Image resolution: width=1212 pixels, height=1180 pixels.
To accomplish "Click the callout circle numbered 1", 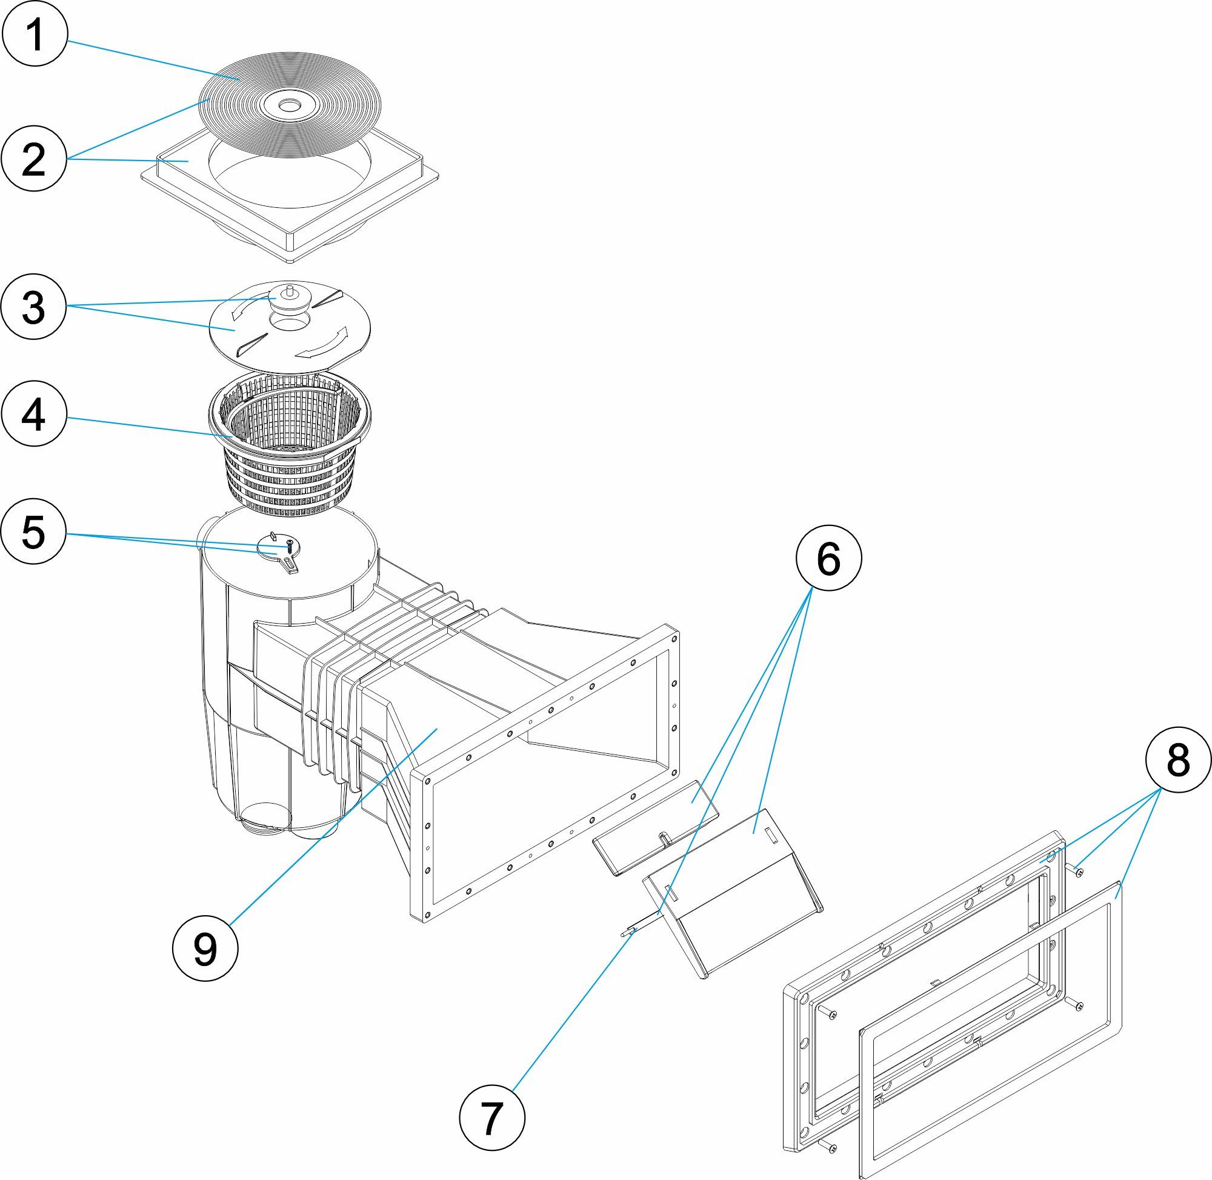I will [34, 33].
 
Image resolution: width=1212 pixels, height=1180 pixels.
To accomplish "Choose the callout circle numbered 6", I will [828, 559].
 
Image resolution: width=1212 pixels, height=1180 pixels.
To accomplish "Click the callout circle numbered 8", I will [1177, 759].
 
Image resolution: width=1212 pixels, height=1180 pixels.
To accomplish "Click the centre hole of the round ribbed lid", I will [287, 107].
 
